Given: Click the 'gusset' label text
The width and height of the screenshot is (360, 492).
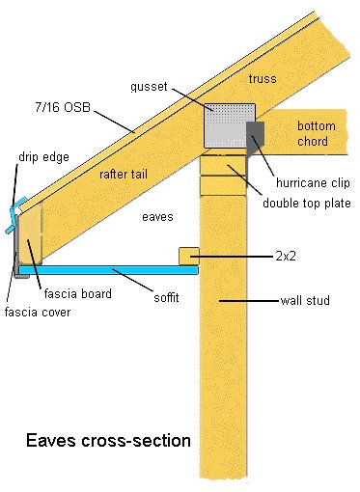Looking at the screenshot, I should (x=151, y=88).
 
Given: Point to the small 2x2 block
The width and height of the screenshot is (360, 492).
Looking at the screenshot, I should (x=189, y=257).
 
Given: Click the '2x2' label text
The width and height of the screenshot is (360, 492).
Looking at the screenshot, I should (x=286, y=258).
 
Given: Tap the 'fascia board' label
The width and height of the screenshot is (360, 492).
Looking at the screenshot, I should (x=76, y=293).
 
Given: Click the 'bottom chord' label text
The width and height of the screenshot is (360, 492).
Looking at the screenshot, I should (x=316, y=134).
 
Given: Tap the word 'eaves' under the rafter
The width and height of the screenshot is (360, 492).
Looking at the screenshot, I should (x=156, y=217).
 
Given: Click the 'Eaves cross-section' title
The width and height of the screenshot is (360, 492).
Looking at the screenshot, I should (x=109, y=441).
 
